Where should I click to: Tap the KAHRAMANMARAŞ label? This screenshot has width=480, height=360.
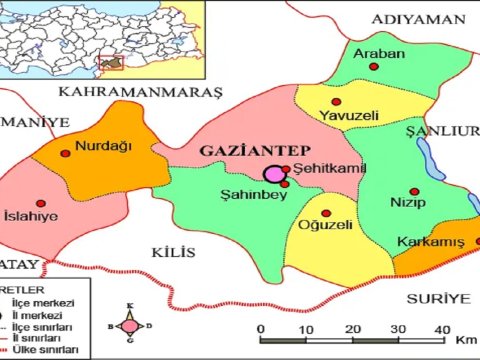click(139, 92)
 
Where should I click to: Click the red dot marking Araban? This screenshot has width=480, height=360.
click(374, 67)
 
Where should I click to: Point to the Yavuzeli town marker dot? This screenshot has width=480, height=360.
click(336, 102)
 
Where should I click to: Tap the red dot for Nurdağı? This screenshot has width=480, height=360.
click(66, 153)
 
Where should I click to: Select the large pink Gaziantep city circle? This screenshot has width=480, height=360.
click(273, 175)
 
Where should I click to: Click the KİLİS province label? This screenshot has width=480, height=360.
click(176, 254)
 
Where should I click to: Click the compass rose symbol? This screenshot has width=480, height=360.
click(130, 324)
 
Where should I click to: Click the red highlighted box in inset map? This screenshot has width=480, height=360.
click(113, 63)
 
